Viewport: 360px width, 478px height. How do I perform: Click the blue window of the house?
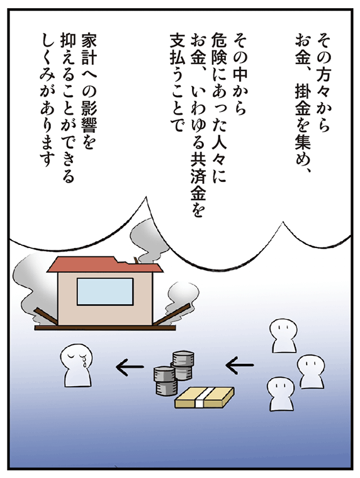[105, 292]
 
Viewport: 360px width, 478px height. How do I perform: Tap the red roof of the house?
[104, 265]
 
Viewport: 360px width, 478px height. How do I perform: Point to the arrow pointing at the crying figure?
[130, 366]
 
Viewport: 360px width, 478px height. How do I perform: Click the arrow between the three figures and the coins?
[239, 365]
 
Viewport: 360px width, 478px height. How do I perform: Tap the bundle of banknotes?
[205, 397]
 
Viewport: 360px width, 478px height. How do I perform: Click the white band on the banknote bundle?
[201, 397]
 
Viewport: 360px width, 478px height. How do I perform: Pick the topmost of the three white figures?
[284, 336]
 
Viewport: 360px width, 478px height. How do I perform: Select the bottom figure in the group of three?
[281, 394]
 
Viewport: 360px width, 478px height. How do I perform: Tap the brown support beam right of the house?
[172, 315]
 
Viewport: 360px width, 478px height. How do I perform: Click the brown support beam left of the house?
[47, 316]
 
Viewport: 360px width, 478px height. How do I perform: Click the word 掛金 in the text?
[303, 100]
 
